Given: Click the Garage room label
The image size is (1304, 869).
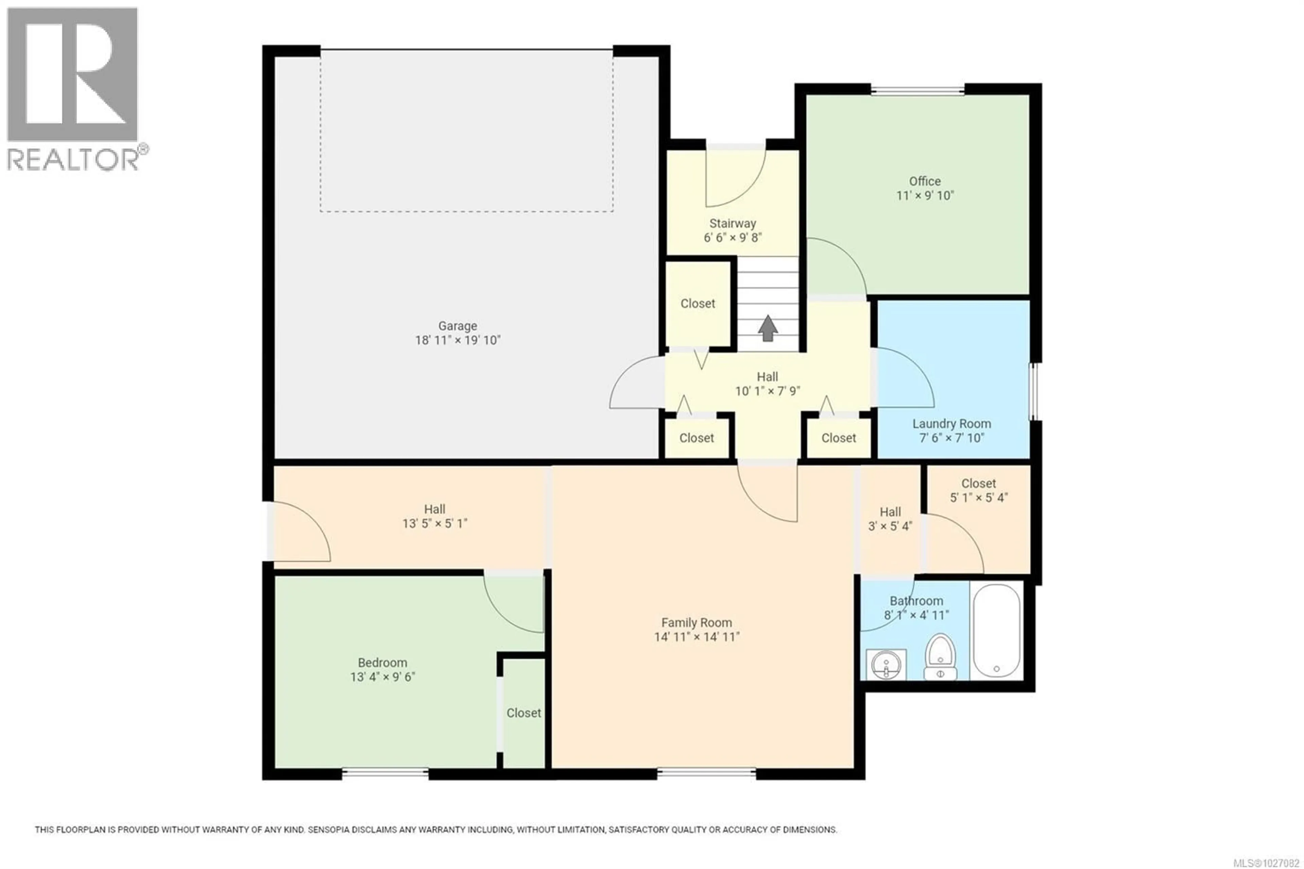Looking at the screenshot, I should pos(457,326).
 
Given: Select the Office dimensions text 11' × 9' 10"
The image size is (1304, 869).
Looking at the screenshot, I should pos(925,196).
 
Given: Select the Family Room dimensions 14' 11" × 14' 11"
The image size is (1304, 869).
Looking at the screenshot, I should pos(696,637).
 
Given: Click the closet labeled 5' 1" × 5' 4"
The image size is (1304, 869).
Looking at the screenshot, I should pos(978,491).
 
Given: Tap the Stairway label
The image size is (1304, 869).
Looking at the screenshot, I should pos(732,223).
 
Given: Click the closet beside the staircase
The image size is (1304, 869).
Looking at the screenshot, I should pos(698,304).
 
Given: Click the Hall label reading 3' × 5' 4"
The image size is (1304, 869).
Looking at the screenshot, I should pos(890,519).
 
